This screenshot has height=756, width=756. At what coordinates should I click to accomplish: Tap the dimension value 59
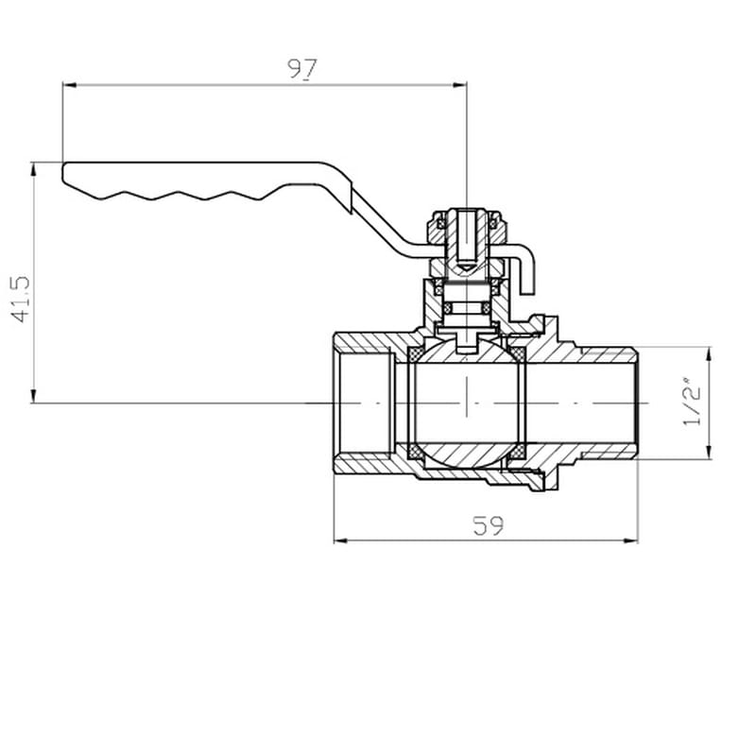tap(488, 525)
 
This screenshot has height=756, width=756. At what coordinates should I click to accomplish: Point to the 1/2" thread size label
tap(693, 404)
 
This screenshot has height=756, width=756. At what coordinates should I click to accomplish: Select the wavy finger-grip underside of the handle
tap(180, 196)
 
